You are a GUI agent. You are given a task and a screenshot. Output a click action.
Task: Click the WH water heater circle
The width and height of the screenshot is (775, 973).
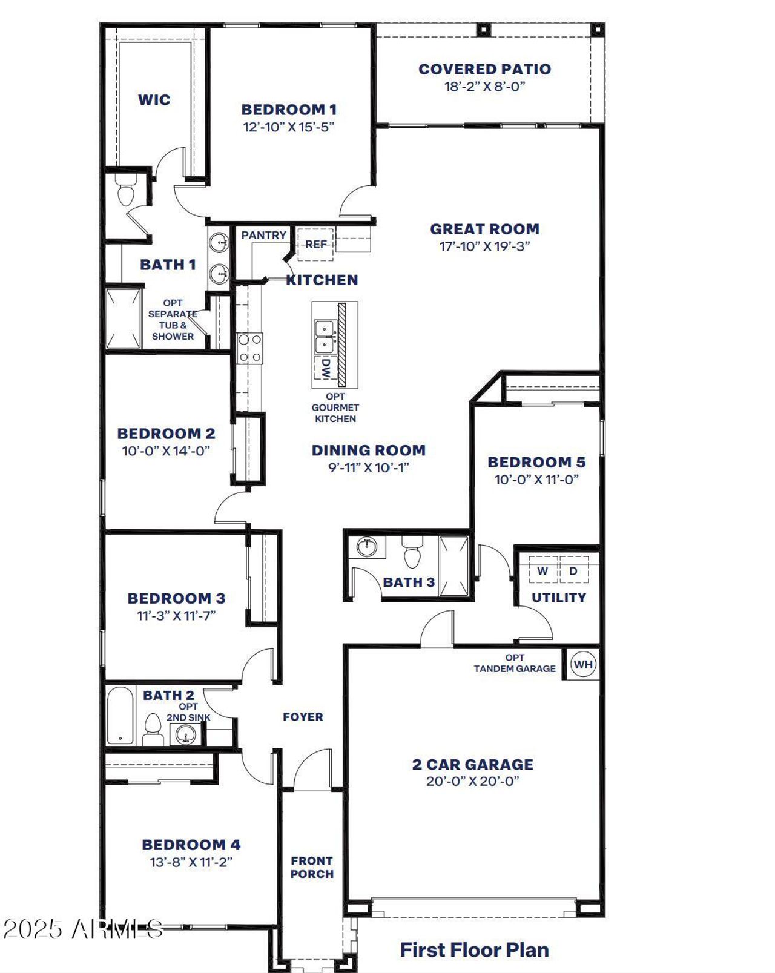(x=582, y=664)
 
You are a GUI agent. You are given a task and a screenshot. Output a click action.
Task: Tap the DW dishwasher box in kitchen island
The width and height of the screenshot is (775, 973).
(x=326, y=369)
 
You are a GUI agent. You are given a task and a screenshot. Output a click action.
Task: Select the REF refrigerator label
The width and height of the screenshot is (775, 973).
(x=315, y=244)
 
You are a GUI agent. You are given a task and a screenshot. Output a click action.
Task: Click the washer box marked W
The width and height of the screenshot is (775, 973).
(x=542, y=571)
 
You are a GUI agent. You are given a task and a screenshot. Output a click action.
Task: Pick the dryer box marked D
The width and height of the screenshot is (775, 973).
(x=573, y=571)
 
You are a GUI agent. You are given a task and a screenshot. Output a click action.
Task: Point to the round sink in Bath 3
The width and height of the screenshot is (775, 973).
(x=366, y=547)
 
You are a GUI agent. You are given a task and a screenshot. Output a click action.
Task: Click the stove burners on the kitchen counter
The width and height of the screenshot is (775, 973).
(x=249, y=348)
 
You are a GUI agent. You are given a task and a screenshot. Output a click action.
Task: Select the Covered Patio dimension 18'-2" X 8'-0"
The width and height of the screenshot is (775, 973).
(x=484, y=86)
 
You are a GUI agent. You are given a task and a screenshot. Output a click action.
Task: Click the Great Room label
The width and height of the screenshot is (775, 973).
(x=484, y=229)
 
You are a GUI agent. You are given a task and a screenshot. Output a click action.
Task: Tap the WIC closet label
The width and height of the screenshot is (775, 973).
(x=154, y=100)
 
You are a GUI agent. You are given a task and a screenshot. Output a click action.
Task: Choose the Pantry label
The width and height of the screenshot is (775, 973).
(x=263, y=235)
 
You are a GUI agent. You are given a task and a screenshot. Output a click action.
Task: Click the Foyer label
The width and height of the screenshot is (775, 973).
(x=303, y=717)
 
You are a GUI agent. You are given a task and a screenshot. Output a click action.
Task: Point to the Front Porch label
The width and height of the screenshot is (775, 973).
(x=312, y=867)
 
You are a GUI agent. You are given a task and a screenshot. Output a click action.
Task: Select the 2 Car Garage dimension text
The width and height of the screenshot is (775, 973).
(x=472, y=781)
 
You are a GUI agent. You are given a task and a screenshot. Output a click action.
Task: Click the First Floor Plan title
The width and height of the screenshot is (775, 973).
(x=474, y=949)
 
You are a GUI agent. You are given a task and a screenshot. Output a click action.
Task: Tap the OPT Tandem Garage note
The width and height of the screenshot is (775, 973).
(x=515, y=663)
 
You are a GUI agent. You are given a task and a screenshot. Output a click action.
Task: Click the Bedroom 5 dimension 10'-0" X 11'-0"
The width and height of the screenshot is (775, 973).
(x=536, y=480)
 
